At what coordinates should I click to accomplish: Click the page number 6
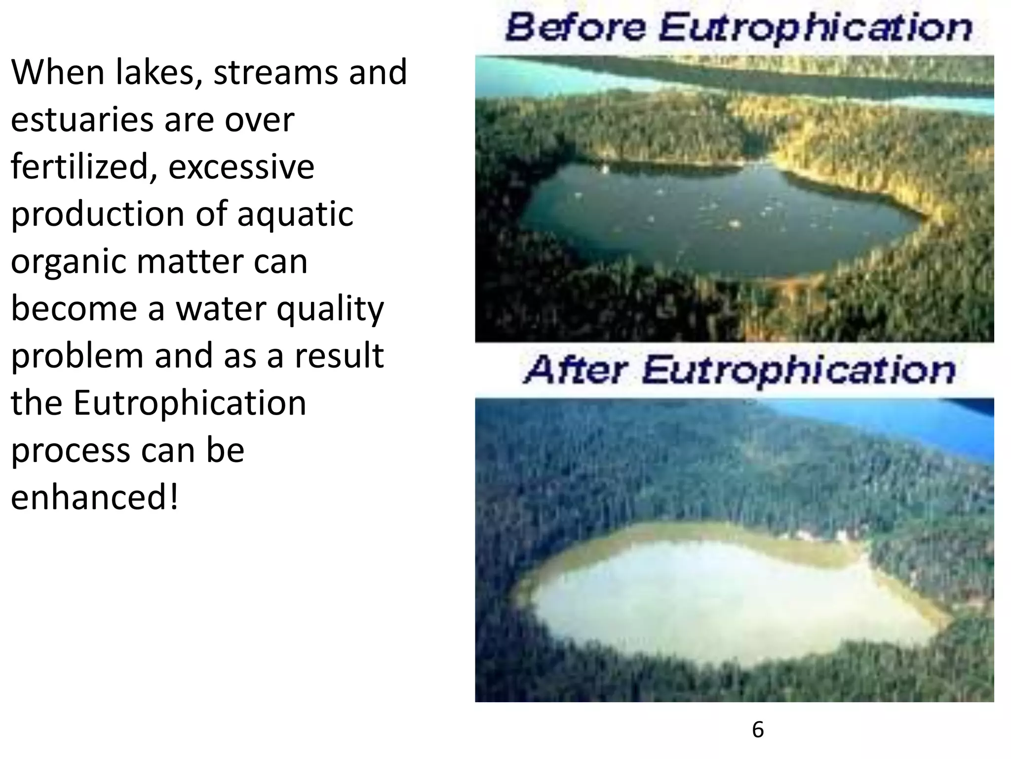[758, 729]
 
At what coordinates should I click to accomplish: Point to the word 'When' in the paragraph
[58, 72]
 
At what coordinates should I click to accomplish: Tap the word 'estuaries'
[82, 120]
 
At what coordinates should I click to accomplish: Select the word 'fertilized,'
[84, 167]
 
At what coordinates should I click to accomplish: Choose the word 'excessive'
[241, 167]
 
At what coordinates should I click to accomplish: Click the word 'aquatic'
[295, 214]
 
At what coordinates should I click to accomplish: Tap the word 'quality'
[330, 309]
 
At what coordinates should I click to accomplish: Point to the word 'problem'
[77, 356]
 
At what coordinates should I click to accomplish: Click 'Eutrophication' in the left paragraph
[190, 403]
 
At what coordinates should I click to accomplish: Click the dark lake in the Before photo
[716, 217]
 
